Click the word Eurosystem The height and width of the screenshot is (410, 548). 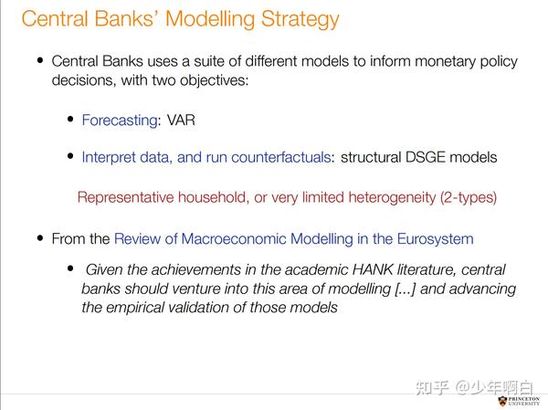[x=435, y=239]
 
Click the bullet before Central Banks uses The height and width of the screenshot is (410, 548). [x=40, y=61]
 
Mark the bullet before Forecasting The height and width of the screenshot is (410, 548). [x=70, y=120]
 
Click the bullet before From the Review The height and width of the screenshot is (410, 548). [x=40, y=239]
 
